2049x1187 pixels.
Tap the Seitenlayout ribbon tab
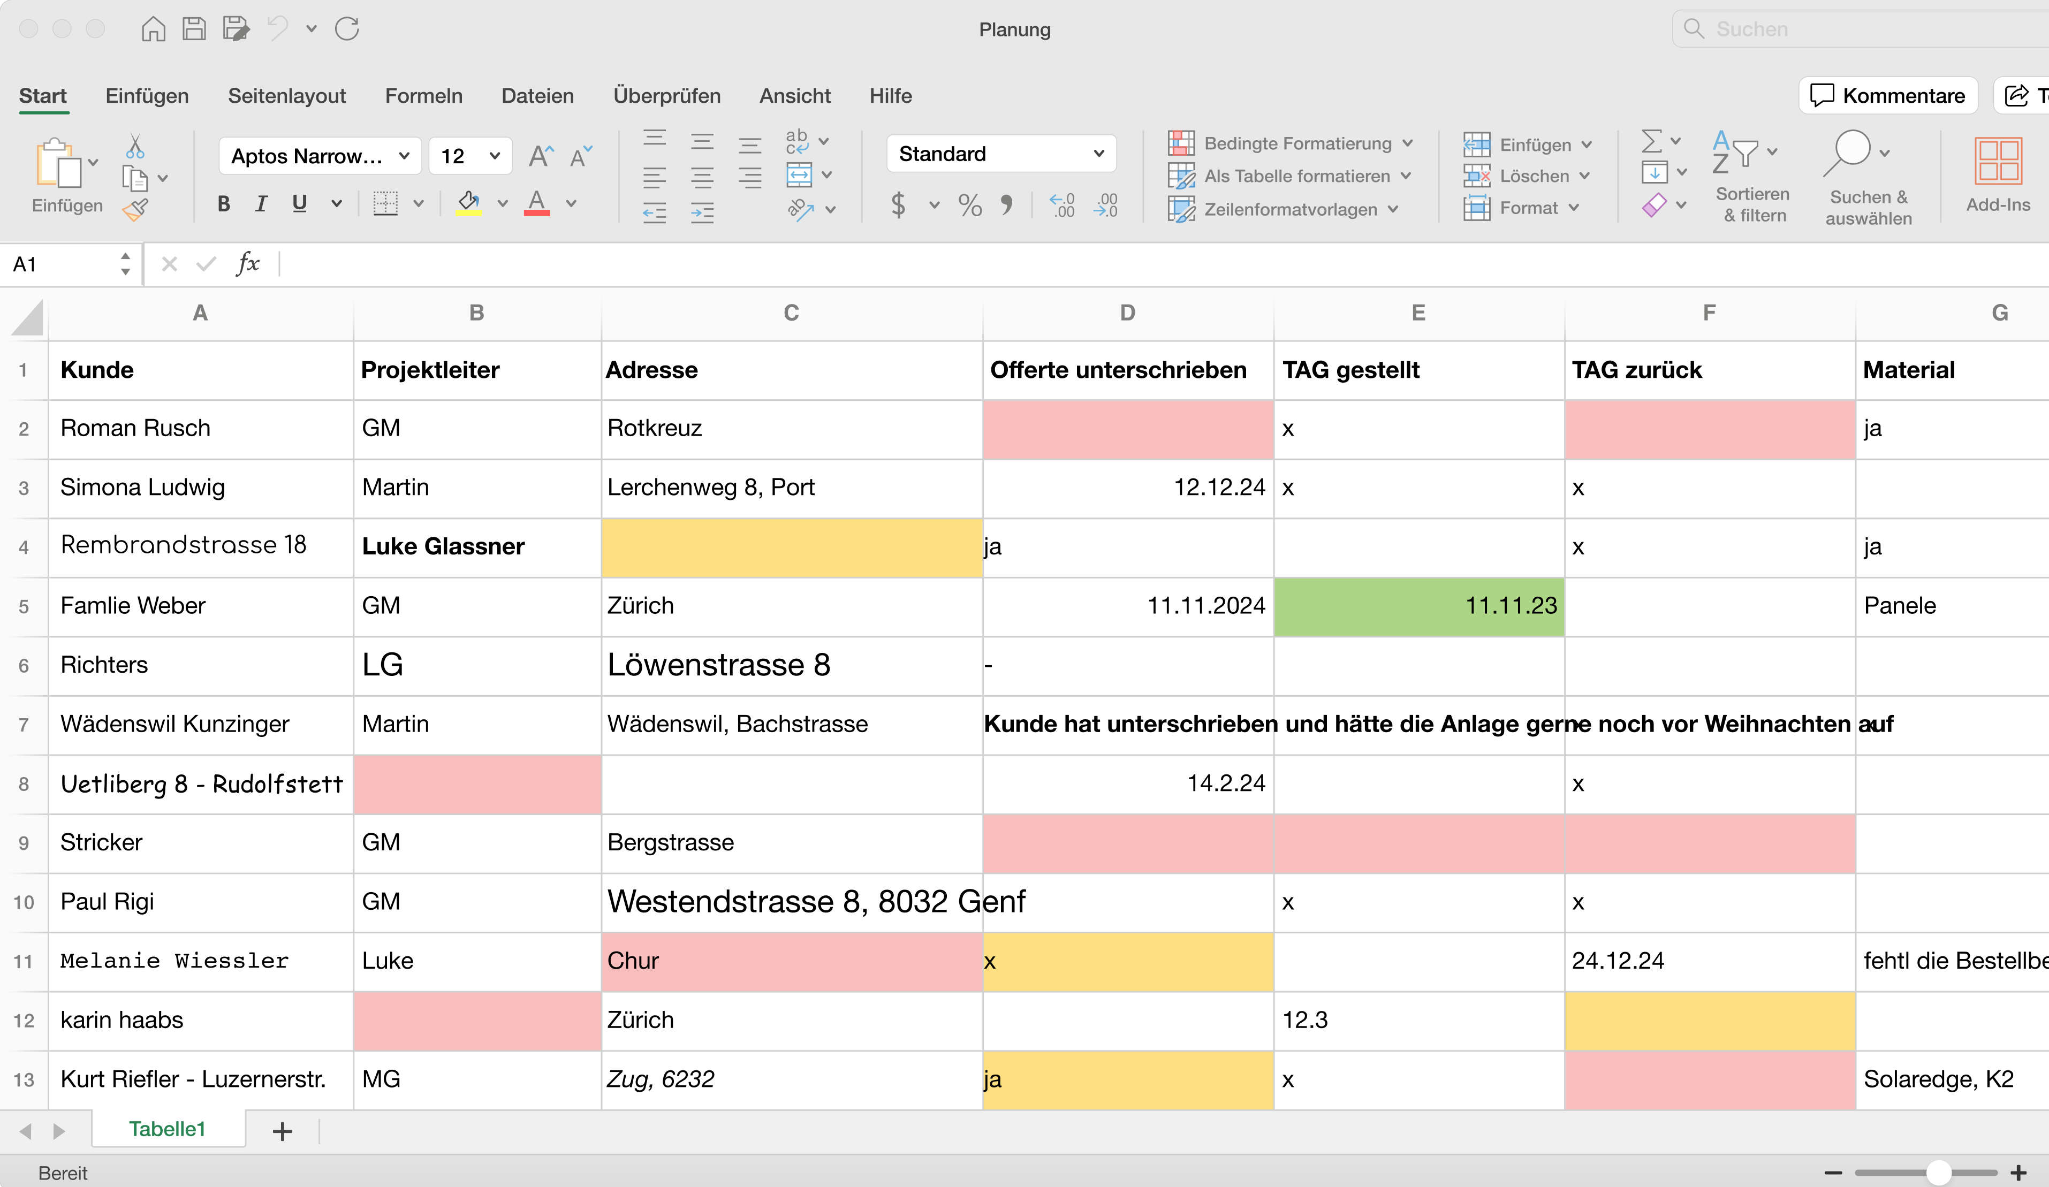coord(286,96)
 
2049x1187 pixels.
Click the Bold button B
coord(224,203)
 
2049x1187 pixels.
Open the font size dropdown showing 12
coord(494,156)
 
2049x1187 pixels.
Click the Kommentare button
coord(1887,96)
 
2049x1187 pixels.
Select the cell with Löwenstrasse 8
coord(791,665)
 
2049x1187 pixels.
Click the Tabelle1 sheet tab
coord(168,1129)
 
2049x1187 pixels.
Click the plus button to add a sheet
coord(282,1131)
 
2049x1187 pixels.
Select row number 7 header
coord(24,725)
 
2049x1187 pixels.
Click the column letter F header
coord(1709,313)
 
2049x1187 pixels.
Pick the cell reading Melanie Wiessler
coord(200,961)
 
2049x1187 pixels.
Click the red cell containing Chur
coord(791,961)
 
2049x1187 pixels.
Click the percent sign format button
coord(969,205)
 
